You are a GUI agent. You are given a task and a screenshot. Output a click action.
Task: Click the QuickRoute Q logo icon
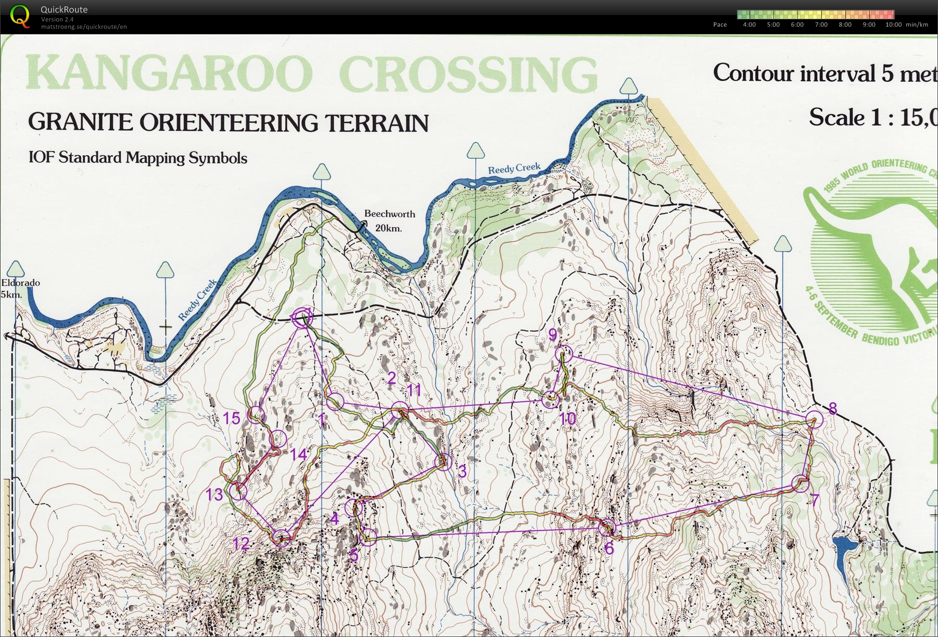click(x=20, y=16)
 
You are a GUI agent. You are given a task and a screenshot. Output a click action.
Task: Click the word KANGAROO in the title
click(x=169, y=74)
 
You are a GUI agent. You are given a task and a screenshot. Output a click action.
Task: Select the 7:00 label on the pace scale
click(x=821, y=24)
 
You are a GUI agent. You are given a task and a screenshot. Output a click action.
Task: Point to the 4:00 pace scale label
click(x=749, y=24)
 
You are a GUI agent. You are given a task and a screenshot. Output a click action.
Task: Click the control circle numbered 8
click(x=815, y=419)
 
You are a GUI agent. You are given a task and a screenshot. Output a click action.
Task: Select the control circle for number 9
click(x=564, y=354)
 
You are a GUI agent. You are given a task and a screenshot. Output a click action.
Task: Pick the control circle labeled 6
click(x=607, y=528)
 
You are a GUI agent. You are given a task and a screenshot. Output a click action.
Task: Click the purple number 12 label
click(x=241, y=544)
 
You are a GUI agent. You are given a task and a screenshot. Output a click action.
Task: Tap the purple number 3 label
click(x=462, y=472)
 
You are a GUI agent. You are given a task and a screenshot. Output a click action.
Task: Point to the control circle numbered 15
click(x=256, y=415)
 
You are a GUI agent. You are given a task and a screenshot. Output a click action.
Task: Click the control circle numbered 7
click(x=801, y=484)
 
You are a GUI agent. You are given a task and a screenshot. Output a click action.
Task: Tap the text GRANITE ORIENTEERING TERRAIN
click(x=228, y=122)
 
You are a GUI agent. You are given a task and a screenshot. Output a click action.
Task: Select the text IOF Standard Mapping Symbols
click(x=138, y=158)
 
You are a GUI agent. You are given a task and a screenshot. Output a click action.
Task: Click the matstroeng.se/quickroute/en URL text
click(x=84, y=27)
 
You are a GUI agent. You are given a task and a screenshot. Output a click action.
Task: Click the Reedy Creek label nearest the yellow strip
click(x=514, y=168)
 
